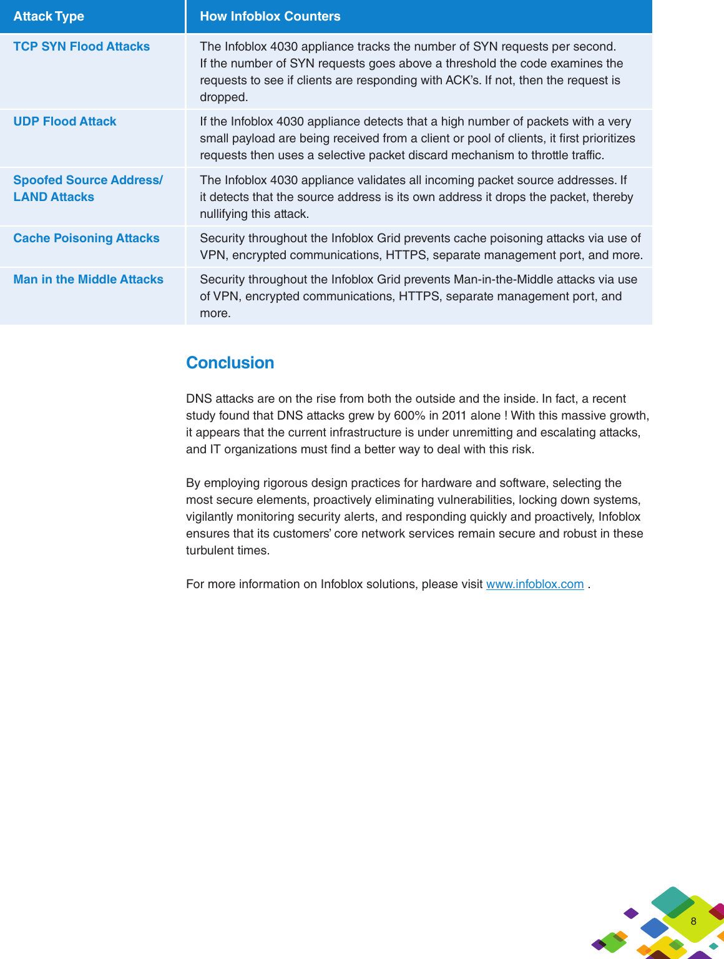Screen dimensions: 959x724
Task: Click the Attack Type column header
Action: click(49, 16)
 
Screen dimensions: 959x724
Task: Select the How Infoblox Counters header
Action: click(270, 16)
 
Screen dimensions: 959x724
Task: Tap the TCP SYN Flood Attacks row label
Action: click(82, 46)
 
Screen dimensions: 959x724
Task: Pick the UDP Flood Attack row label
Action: click(65, 121)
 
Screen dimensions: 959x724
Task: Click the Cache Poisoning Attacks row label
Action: click(86, 238)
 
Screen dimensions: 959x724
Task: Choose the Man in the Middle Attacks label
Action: click(88, 279)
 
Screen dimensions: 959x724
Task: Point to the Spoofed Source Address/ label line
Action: click(88, 180)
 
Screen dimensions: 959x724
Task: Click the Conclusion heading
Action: click(230, 363)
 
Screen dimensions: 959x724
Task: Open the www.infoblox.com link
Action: click(535, 584)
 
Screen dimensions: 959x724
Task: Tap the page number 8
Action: click(693, 921)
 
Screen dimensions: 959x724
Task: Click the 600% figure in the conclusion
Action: click(409, 415)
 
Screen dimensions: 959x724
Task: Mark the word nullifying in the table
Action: click(223, 214)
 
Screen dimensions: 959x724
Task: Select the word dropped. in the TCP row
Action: click(223, 97)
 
